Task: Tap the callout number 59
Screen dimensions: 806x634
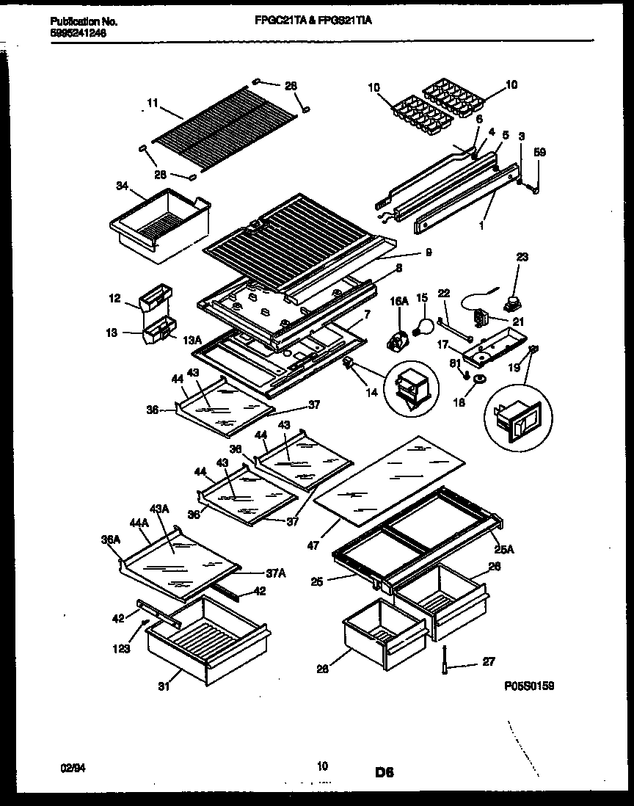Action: [540, 153]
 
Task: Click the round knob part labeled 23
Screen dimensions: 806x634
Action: [506, 300]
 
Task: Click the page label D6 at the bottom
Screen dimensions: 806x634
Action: [385, 772]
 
